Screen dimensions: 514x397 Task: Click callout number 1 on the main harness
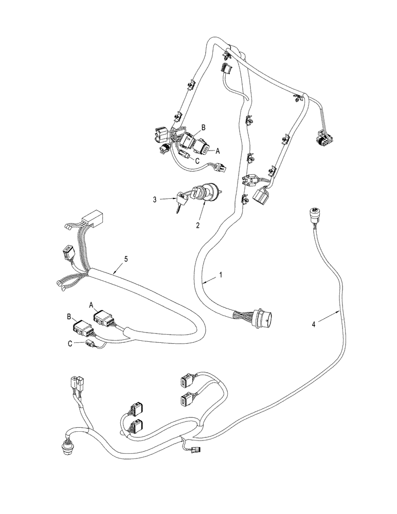[221, 275]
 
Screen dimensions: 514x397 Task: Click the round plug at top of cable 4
[315, 213]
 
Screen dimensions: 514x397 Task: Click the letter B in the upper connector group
[203, 126]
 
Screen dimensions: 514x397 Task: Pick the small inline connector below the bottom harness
[196, 450]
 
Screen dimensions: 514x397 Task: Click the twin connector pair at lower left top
[75, 383]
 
